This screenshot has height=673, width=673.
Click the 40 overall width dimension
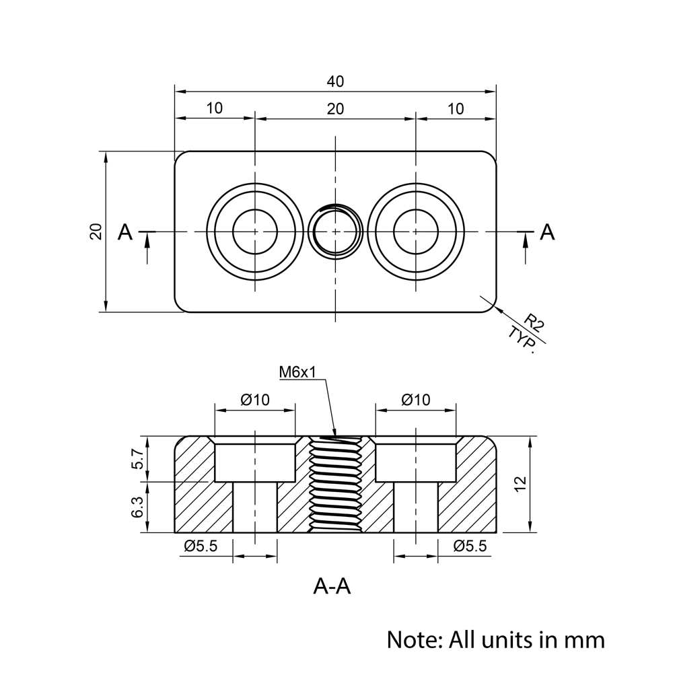click(x=335, y=82)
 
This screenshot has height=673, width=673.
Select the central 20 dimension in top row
click(x=335, y=108)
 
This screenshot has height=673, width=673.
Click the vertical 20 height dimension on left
click(x=96, y=232)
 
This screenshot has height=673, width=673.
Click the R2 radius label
click(x=534, y=322)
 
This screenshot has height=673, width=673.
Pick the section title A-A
click(x=332, y=587)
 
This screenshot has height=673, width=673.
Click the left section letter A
click(x=125, y=232)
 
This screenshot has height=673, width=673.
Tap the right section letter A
click(x=548, y=232)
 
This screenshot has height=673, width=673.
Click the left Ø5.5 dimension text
click(x=201, y=546)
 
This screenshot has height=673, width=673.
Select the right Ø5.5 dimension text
click(x=470, y=546)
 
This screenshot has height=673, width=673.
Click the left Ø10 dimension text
click(x=254, y=400)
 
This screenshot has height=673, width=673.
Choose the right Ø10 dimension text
click(x=415, y=400)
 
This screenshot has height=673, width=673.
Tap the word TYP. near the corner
click(x=522, y=339)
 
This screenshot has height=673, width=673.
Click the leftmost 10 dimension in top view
click(x=215, y=108)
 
